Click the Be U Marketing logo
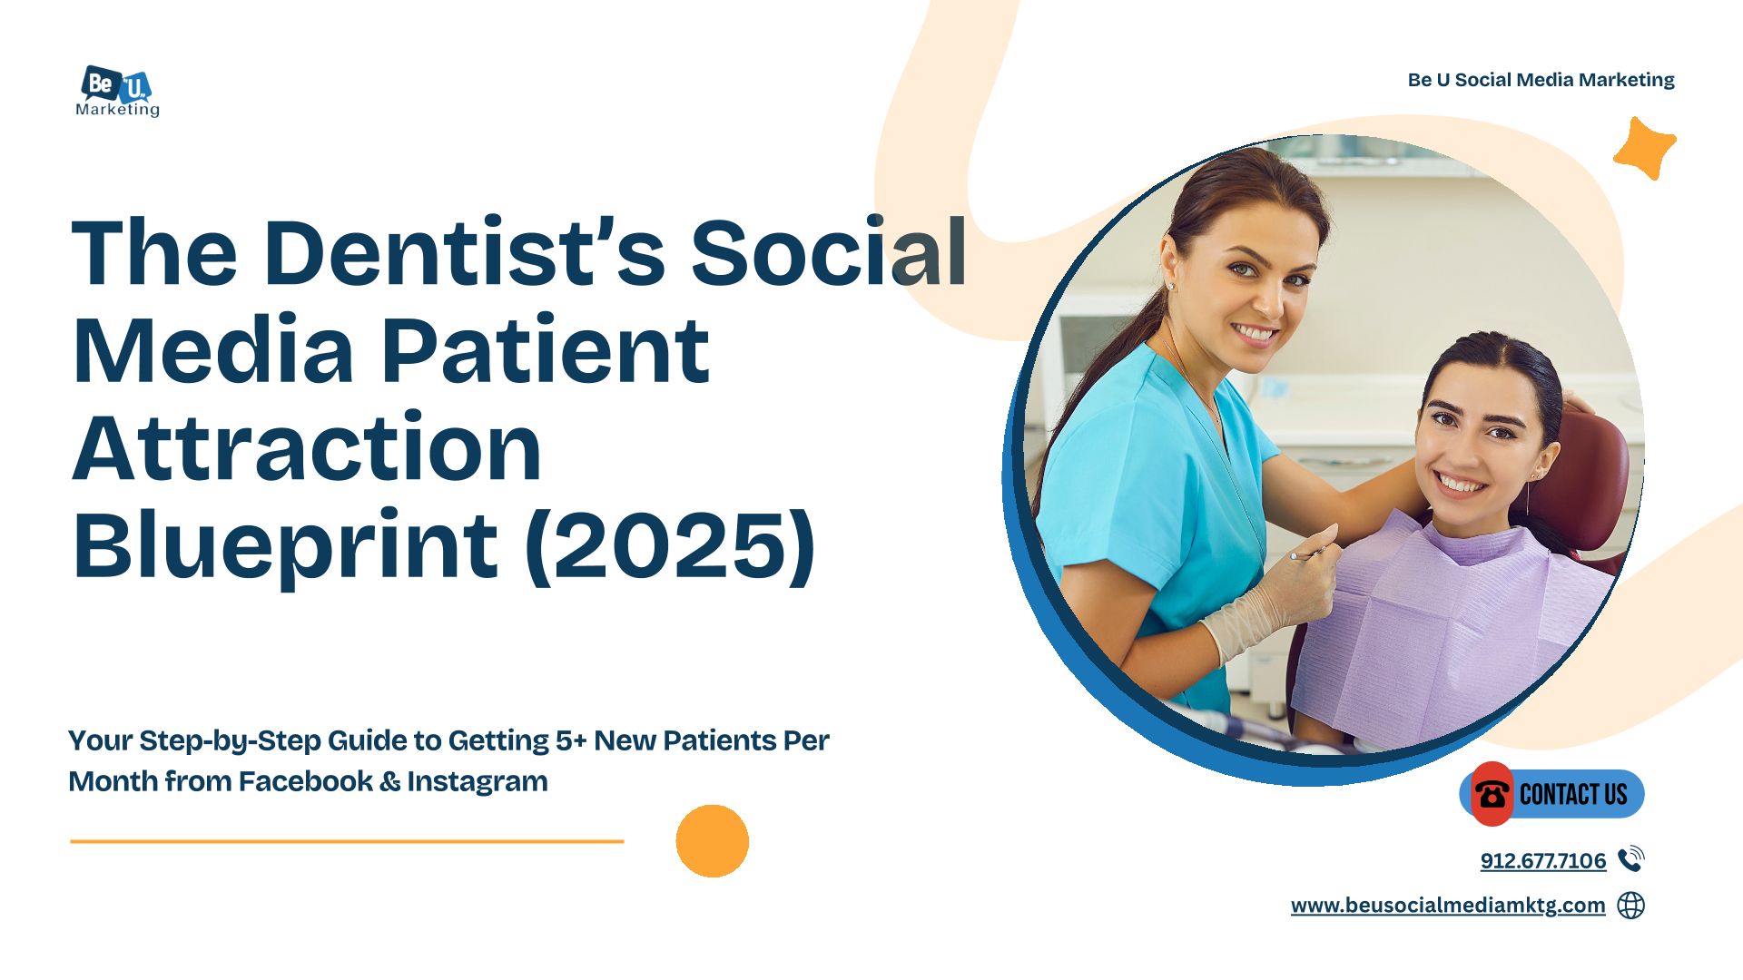(118, 91)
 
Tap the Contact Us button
(1552, 794)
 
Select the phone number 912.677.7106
(1543, 860)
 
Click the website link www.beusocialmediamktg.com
(1448, 906)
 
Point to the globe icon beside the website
(1631, 905)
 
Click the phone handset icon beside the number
(1631, 858)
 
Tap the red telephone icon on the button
(1492, 794)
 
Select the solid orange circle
(713, 841)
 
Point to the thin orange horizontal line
(347, 841)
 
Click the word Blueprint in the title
(285, 546)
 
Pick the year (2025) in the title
(671, 546)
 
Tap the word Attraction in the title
(307, 447)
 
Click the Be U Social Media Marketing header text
(1541, 80)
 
